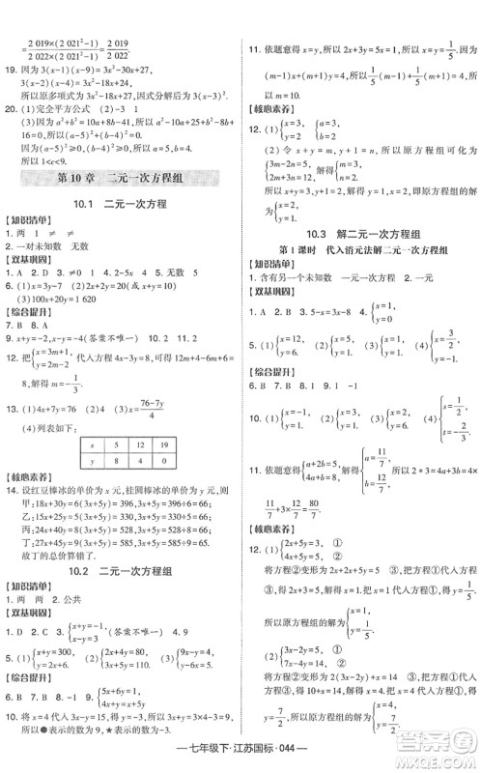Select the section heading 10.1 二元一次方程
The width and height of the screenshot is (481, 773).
tap(122, 204)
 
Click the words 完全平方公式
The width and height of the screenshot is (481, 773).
tap(69, 111)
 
